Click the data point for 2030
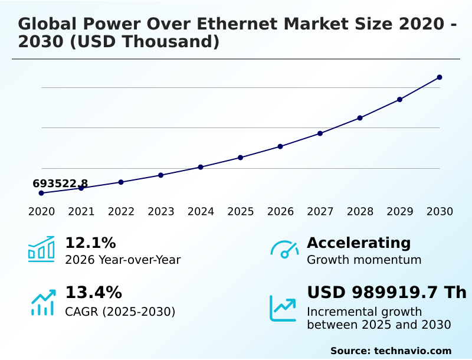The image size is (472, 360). tap(440, 77)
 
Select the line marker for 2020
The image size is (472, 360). tap(41, 193)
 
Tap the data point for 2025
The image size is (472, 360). tap(241, 158)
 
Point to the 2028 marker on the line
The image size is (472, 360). tap(360, 118)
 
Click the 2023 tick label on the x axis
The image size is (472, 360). tap(161, 212)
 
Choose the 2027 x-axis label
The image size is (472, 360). tap(320, 212)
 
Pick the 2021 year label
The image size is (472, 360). tap(81, 212)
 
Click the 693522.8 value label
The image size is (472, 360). tap(60, 184)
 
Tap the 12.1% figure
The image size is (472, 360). tap(90, 243)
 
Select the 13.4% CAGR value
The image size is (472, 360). tap(93, 293)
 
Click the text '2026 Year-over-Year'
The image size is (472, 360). tap(123, 260)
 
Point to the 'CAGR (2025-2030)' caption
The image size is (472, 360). tap(120, 312)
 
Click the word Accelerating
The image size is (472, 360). tap(359, 243)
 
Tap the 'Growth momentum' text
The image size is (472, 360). tap(364, 260)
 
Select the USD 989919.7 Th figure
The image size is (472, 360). tap(386, 293)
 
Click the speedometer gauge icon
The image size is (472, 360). tap(284, 250)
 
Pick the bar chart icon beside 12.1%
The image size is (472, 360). tap(41, 249)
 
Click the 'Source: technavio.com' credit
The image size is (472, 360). tap(391, 351)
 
